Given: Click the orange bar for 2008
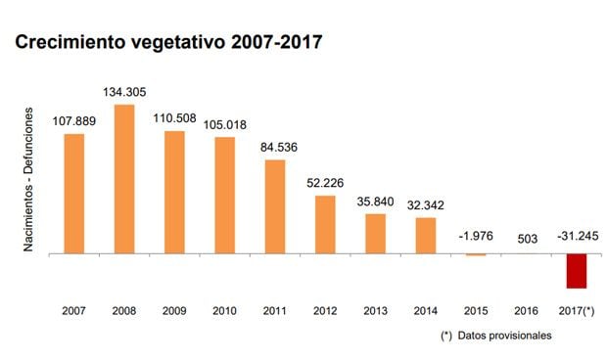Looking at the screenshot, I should pos(124,179).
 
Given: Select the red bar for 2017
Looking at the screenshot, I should pos(576,271).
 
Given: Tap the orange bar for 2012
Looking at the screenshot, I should pos(325,224).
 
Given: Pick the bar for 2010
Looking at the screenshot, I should pos(225,195).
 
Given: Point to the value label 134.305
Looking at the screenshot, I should pos(124,93).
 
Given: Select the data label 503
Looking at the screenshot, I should pos(526,238).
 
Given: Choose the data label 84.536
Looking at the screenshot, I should pos(275,148).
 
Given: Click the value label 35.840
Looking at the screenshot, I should pos(376,202).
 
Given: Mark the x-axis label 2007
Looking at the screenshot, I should pos(73,311).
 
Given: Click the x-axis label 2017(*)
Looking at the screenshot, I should pos(576,311).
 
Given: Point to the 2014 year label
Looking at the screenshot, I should pos(426,311).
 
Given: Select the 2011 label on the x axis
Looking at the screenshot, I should pos(275,311).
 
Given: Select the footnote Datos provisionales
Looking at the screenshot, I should pos(509,335).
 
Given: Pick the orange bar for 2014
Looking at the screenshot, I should pos(426,235).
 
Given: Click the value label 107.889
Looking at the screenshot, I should pos(73,121).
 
